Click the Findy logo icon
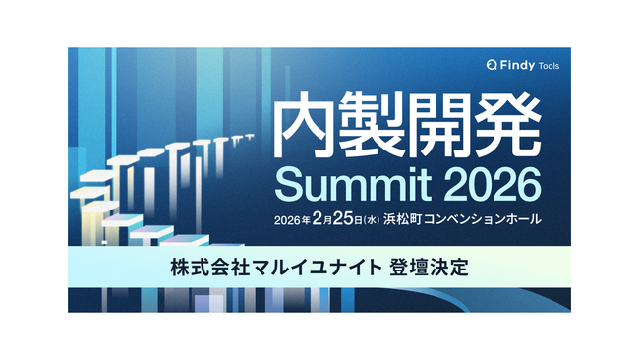coord(493,66)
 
